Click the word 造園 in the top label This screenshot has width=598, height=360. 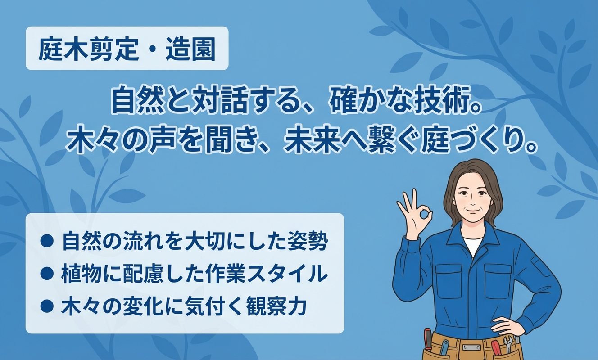[190, 49]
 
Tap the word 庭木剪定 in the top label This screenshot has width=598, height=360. [88, 49]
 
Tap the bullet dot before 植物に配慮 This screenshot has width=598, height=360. [47, 273]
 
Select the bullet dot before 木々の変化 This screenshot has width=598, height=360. [47, 306]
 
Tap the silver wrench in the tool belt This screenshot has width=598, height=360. [508, 344]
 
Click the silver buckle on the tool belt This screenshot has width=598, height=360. [471, 347]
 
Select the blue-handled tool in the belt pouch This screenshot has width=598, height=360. [444, 347]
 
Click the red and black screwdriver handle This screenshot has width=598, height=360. [428, 339]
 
